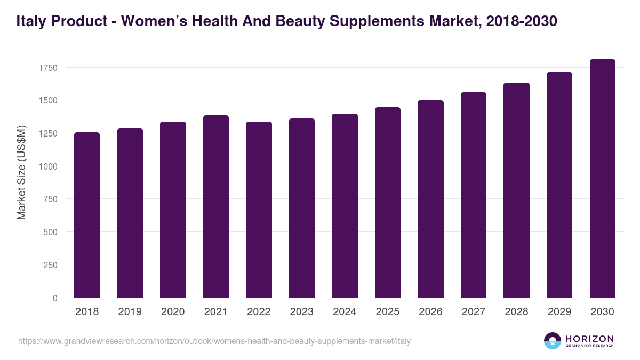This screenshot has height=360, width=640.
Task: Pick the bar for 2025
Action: (x=387, y=203)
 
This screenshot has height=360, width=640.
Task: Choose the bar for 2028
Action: (x=516, y=190)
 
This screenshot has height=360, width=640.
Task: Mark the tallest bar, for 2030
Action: (x=602, y=179)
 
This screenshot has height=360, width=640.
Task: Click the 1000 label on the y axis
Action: (x=48, y=166)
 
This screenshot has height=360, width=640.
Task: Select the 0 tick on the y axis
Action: (x=54, y=298)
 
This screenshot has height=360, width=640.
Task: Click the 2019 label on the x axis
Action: (x=130, y=312)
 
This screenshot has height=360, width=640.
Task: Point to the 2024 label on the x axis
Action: (x=345, y=312)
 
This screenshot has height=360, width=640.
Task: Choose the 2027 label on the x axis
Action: (x=473, y=312)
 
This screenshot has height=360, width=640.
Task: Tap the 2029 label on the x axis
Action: (x=559, y=312)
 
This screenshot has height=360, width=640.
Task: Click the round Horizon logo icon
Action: (x=553, y=341)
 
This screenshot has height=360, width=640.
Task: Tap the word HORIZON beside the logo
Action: (x=589, y=339)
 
